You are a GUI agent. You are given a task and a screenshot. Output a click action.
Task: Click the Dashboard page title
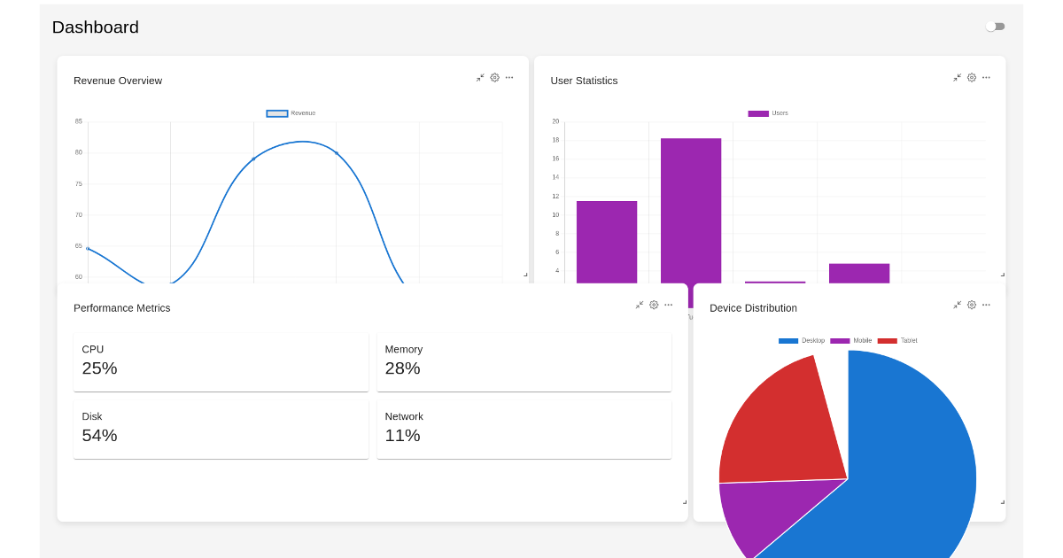[x=96, y=27]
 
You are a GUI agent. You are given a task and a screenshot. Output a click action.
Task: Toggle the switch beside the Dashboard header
[x=996, y=27]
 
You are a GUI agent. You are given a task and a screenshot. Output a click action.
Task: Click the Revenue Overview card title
[x=118, y=81]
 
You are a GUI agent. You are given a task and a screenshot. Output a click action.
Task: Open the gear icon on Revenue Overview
[x=495, y=78]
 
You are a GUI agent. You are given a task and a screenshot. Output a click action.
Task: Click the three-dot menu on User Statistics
[x=986, y=78]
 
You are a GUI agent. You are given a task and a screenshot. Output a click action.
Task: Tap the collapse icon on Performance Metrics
[x=640, y=305]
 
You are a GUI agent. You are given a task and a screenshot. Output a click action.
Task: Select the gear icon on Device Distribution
[x=972, y=305]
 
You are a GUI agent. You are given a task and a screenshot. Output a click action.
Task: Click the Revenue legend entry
[x=291, y=113]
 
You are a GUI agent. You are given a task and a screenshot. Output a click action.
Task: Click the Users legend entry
[x=768, y=113]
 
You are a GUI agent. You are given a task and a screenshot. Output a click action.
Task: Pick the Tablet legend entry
[x=897, y=341]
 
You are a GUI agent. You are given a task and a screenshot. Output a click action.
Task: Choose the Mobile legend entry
[x=850, y=341]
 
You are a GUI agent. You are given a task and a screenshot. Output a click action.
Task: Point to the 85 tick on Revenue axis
[x=79, y=121]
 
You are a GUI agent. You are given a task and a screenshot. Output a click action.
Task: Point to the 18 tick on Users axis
[x=555, y=140]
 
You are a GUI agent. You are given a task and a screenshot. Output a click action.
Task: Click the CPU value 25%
[x=100, y=368]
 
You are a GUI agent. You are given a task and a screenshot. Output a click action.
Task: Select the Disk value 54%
[x=100, y=436]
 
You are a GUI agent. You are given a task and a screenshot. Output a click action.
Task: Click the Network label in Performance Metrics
[x=404, y=416]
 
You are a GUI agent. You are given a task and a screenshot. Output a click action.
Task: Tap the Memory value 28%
[x=403, y=368]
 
